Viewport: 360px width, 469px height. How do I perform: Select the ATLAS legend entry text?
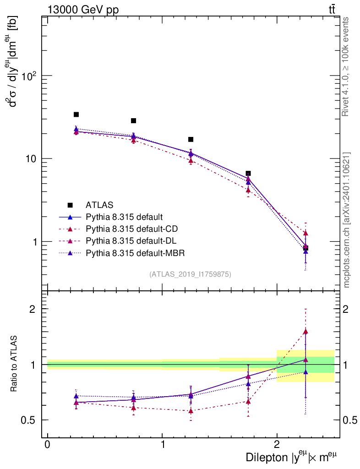coord(99,205)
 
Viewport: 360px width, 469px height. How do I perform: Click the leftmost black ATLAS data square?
coord(76,115)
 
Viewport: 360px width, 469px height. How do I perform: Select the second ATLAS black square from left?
coord(133,121)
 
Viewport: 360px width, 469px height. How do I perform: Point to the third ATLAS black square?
coord(191,139)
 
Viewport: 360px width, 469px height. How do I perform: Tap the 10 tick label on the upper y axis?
coord(31,158)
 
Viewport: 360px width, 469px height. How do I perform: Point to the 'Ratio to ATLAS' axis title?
coord(15,365)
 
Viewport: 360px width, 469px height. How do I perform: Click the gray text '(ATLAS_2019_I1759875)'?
coord(190,274)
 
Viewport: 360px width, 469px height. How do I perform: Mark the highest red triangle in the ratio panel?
coord(305,331)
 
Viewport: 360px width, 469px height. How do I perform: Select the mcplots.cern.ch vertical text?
coord(346,220)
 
